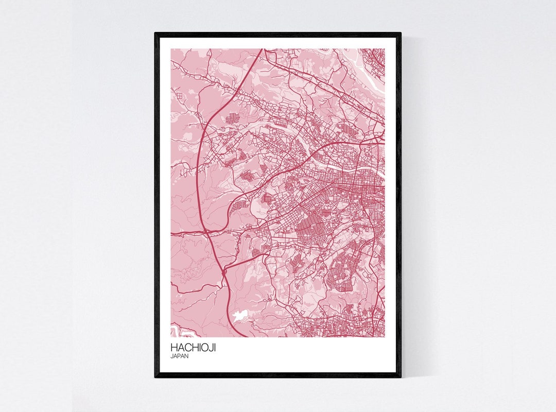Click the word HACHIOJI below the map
coord(193,348)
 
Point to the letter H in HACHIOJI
coord(174,348)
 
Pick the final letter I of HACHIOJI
coord(215,348)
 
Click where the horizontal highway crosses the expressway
coord(207,233)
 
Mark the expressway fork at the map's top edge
coord(263,51)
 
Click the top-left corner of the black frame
coord(155,33)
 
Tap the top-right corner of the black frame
coord(400,33)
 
